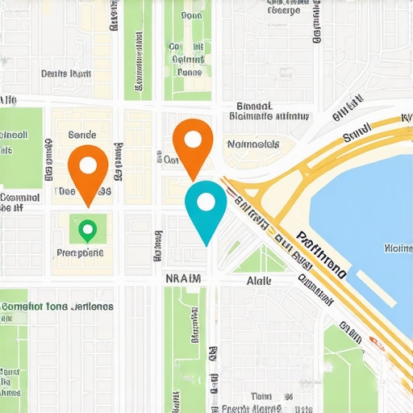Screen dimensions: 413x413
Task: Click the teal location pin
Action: click(x=206, y=207)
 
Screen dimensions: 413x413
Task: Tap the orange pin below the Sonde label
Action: click(x=88, y=169)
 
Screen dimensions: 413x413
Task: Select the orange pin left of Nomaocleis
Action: click(x=193, y=144)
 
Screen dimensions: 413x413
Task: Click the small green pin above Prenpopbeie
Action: click(x=87, y=231)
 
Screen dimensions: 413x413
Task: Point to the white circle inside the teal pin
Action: click(x=206, y=202)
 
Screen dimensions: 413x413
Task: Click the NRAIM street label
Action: click(x=182, y=278)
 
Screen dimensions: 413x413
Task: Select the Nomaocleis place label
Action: click(x=253, y=144)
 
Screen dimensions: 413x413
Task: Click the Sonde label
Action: click(x=82, y=136)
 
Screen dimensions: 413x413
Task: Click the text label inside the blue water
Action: click(x=398, y=248)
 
